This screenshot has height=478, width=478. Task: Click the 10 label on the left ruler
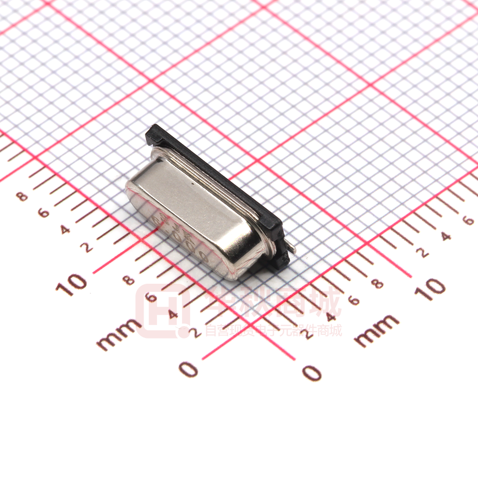click(71, 284)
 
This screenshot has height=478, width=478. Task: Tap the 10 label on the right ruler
click(429, 288)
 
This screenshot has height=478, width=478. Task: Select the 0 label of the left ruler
click(189, 369)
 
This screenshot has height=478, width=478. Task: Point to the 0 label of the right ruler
click(312, 372)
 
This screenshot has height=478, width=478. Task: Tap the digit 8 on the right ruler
click(378, 283)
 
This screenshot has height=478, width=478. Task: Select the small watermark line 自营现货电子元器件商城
click(274, 330)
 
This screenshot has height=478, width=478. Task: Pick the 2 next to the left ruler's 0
click(195, 332)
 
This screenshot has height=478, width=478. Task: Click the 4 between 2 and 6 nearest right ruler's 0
click(331, 317)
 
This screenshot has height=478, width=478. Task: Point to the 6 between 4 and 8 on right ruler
click(354, 300)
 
